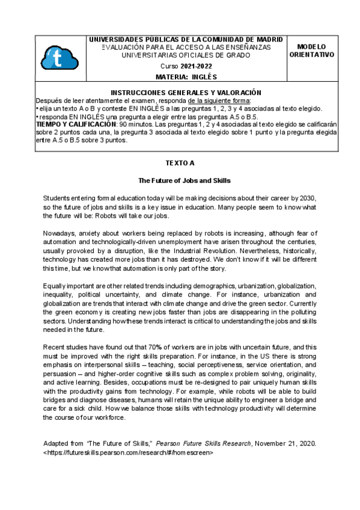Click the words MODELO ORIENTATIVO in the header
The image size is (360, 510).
coord(311,51)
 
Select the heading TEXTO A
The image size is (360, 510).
coord(180,163)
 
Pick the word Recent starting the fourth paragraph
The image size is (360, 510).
coord(55,348)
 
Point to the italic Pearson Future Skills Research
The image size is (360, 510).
coord(204,444)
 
